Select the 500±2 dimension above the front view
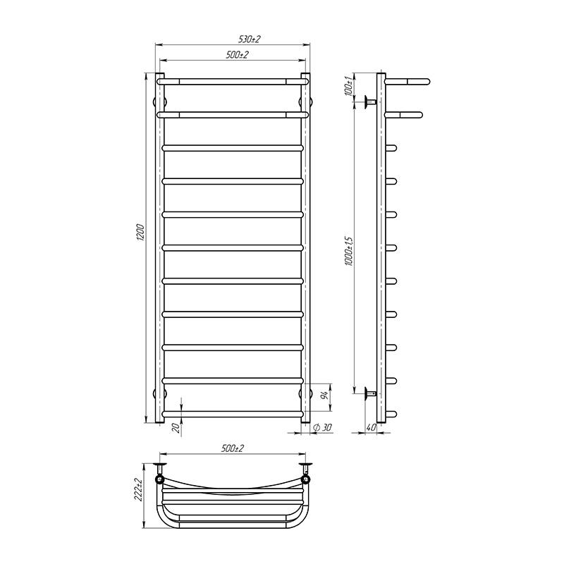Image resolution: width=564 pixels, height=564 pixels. [233, 55]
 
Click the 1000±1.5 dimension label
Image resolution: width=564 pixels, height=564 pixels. [348, 248]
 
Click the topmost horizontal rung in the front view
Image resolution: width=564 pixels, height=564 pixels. [233, 81]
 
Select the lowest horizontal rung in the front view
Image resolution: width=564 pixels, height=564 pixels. [233, 413]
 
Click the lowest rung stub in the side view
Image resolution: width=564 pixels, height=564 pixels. [392, 413]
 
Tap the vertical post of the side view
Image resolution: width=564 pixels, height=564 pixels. [381, 247]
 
